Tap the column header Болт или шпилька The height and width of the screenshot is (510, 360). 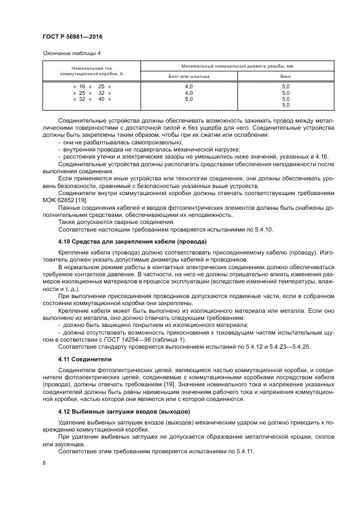tap(189, 77)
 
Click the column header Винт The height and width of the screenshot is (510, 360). tap(286, 77)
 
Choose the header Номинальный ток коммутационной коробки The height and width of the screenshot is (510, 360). tap(91, 71)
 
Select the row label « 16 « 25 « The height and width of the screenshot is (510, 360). tap(92, 87)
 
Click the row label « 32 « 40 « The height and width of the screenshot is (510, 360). tap(92, 99)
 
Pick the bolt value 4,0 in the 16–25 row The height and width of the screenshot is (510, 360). tap(189, 87)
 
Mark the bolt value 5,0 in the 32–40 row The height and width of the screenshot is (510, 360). tap(189, 99)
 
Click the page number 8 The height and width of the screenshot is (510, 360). tap(44, 463)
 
